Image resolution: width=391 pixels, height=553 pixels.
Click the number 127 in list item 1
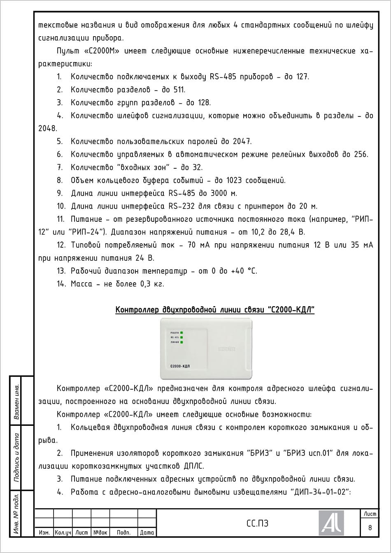tap(302, 77)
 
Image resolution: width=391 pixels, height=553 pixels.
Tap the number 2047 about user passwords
tap(242, 142)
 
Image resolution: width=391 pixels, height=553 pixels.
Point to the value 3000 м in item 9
tap(223, 193)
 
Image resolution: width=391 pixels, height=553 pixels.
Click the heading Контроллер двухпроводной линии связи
tap(215, 310)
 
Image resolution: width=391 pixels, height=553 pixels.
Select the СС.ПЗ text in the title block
tap(257, 523)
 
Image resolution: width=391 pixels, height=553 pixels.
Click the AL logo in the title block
tap(331, 523)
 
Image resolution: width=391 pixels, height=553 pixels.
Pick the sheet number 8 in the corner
tap(370, 528)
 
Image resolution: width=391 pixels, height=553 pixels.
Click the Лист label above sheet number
tap(370, 514)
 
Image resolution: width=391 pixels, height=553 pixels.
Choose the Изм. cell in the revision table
tap(44, 532)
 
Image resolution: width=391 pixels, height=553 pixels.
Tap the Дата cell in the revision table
tap(147, 532)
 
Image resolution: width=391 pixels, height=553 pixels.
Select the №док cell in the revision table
tap(100, 532)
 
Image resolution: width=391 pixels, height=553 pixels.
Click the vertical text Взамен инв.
tap(17, 402)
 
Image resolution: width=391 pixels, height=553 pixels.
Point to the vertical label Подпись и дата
tap(17, 457)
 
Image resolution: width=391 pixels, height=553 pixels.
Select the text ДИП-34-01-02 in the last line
tap(320, 492)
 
